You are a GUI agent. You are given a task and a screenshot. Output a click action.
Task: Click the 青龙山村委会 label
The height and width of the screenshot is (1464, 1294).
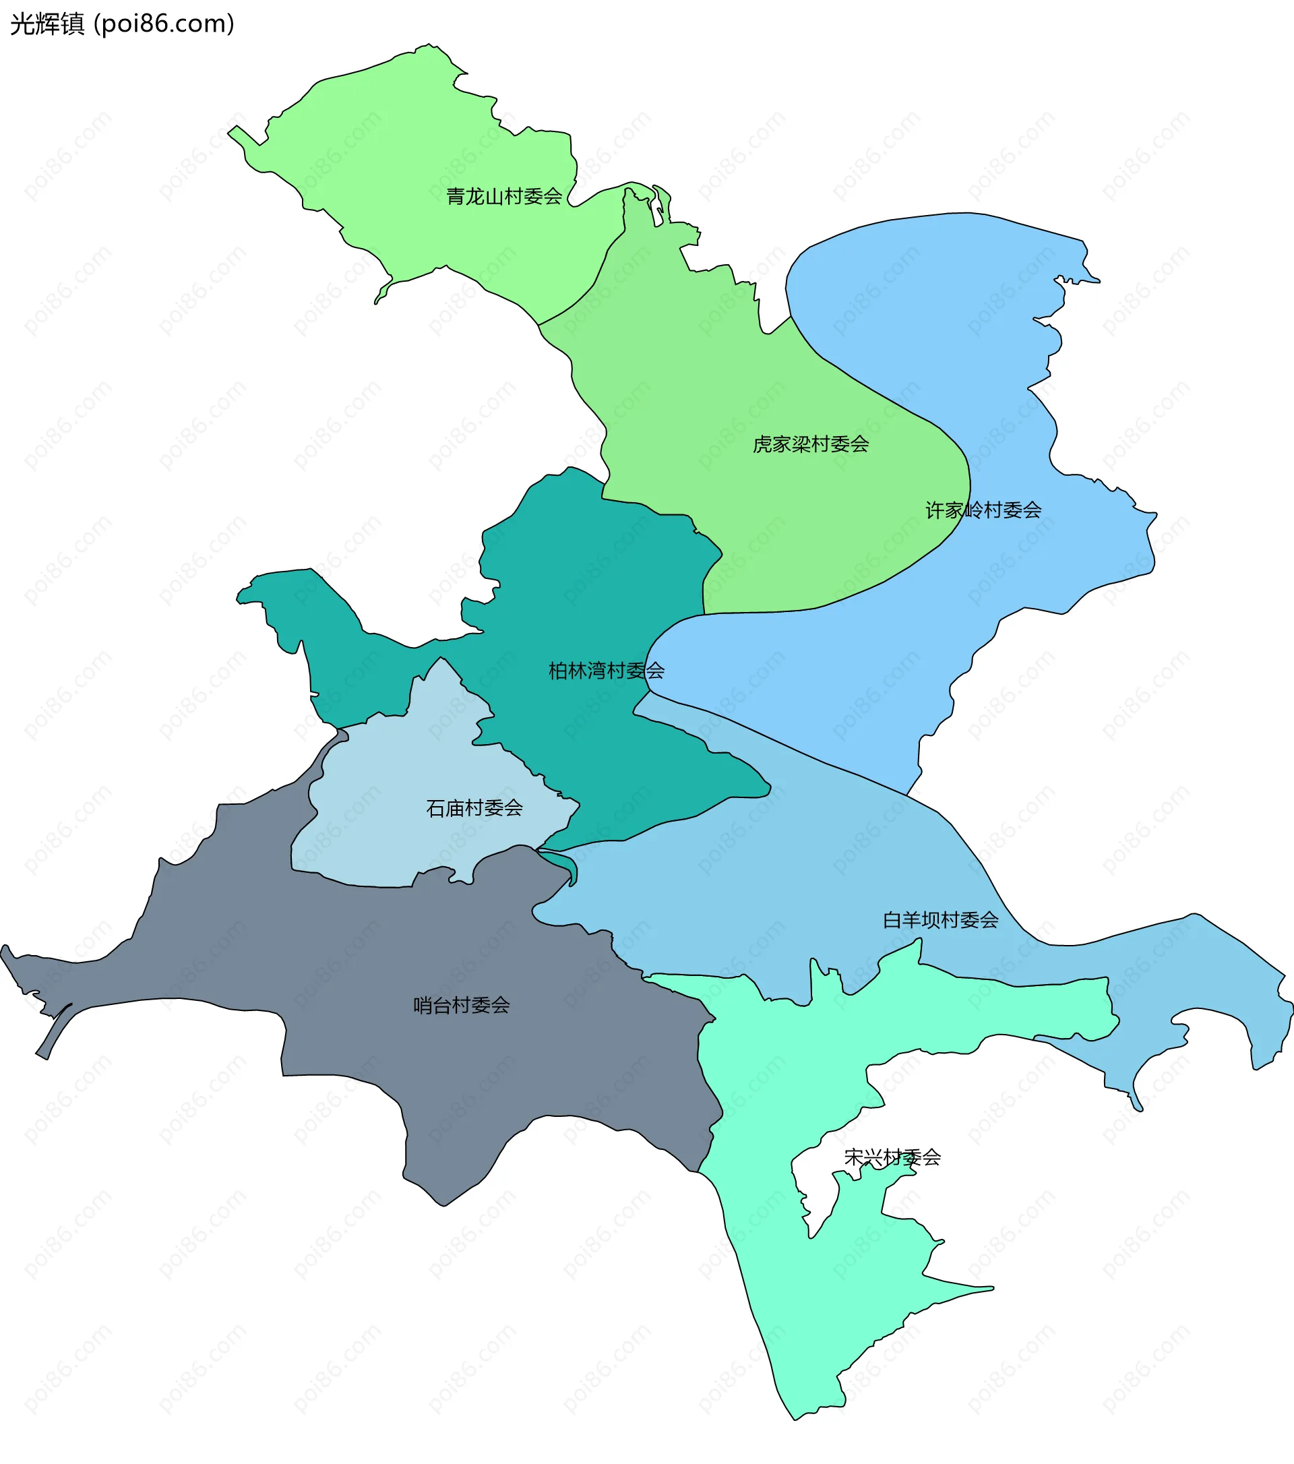click(503, 196)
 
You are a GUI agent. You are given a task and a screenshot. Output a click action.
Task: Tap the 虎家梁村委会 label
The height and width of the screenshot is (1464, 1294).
click(811, 445)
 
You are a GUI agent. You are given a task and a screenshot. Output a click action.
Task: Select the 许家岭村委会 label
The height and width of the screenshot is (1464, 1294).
click(983, 511)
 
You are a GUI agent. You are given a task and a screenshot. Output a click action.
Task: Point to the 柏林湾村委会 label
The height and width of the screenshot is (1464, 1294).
click(606, 671)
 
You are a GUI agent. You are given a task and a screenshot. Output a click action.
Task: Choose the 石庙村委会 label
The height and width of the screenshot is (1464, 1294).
click(474, 809)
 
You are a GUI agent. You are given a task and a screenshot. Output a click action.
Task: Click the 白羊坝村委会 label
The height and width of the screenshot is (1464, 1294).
click(940, 920)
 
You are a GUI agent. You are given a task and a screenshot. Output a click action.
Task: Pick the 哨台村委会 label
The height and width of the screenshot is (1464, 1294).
click(461, 1006)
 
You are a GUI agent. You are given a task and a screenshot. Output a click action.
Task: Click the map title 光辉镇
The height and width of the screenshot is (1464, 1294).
click(47, 24)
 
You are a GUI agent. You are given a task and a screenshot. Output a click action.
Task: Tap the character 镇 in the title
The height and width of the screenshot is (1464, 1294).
click(72, 24)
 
